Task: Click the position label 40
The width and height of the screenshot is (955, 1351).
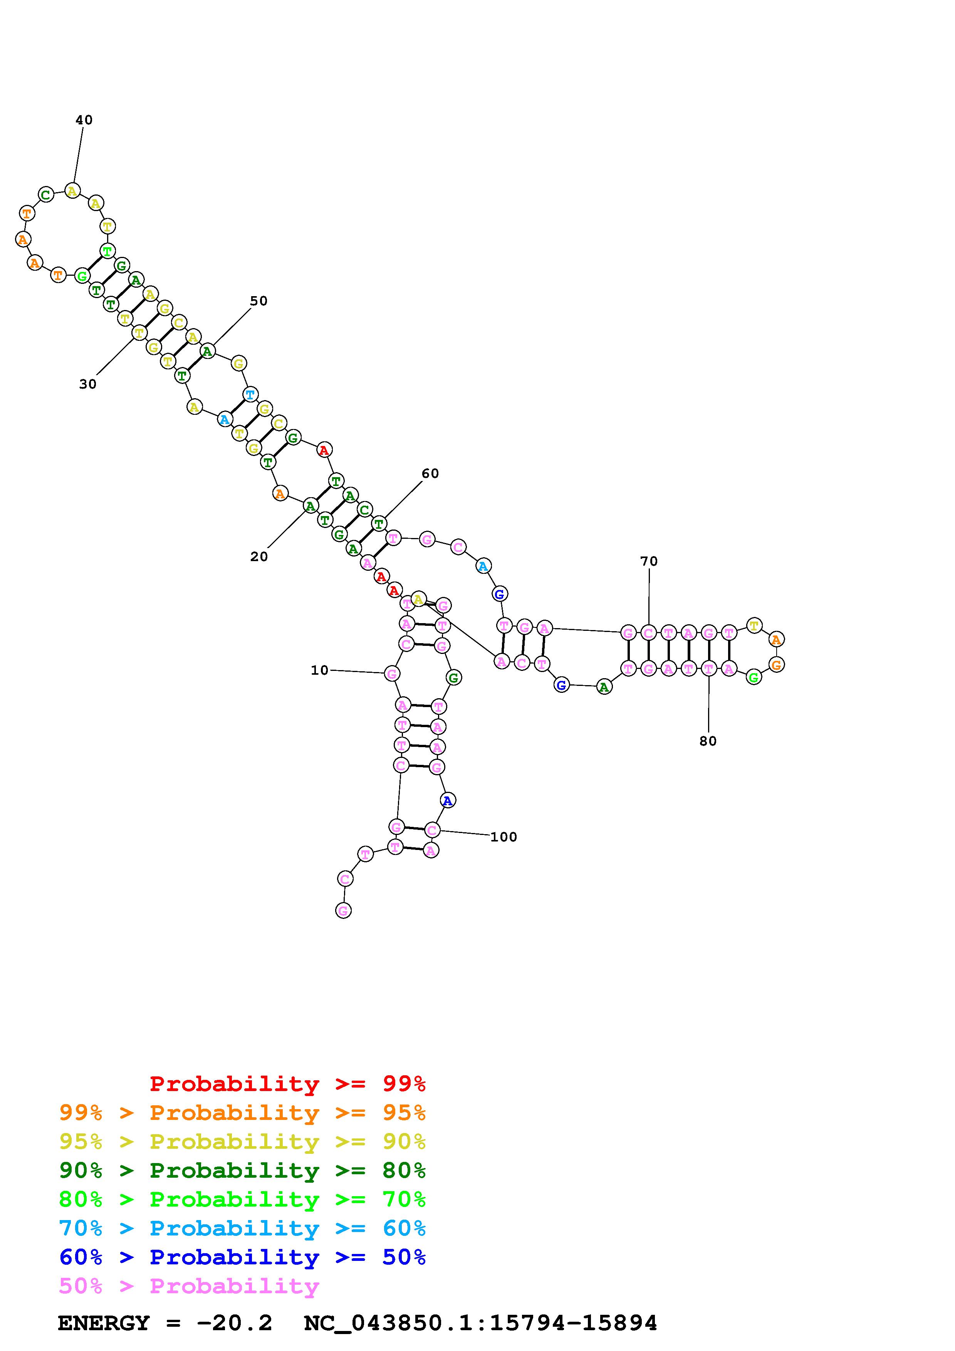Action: (84, 120)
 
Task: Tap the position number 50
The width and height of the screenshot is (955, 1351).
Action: (258, 301)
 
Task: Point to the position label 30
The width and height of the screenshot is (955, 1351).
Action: (88, 384)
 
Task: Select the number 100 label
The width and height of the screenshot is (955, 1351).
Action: (503, 837)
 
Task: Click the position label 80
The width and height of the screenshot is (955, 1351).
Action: (708, 741)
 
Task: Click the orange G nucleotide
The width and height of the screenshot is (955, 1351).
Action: (776, 665)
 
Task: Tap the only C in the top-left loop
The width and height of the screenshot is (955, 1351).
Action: (46, 194)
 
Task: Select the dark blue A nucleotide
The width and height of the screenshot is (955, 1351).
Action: (448, 800)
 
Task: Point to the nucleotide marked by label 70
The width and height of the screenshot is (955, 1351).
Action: (648, 633)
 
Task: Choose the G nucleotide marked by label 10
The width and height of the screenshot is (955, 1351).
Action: (392, 673)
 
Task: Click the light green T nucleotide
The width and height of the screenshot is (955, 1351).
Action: (107, 251)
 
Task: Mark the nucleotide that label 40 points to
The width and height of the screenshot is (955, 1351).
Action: (72, 191)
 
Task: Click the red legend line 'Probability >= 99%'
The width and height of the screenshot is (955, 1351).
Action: (287, 1084)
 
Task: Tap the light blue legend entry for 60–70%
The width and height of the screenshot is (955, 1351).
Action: (242, 1228)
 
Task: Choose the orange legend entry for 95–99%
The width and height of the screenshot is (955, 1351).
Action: (242, 1113)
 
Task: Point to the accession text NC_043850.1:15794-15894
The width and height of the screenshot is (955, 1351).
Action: (480, 1323)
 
